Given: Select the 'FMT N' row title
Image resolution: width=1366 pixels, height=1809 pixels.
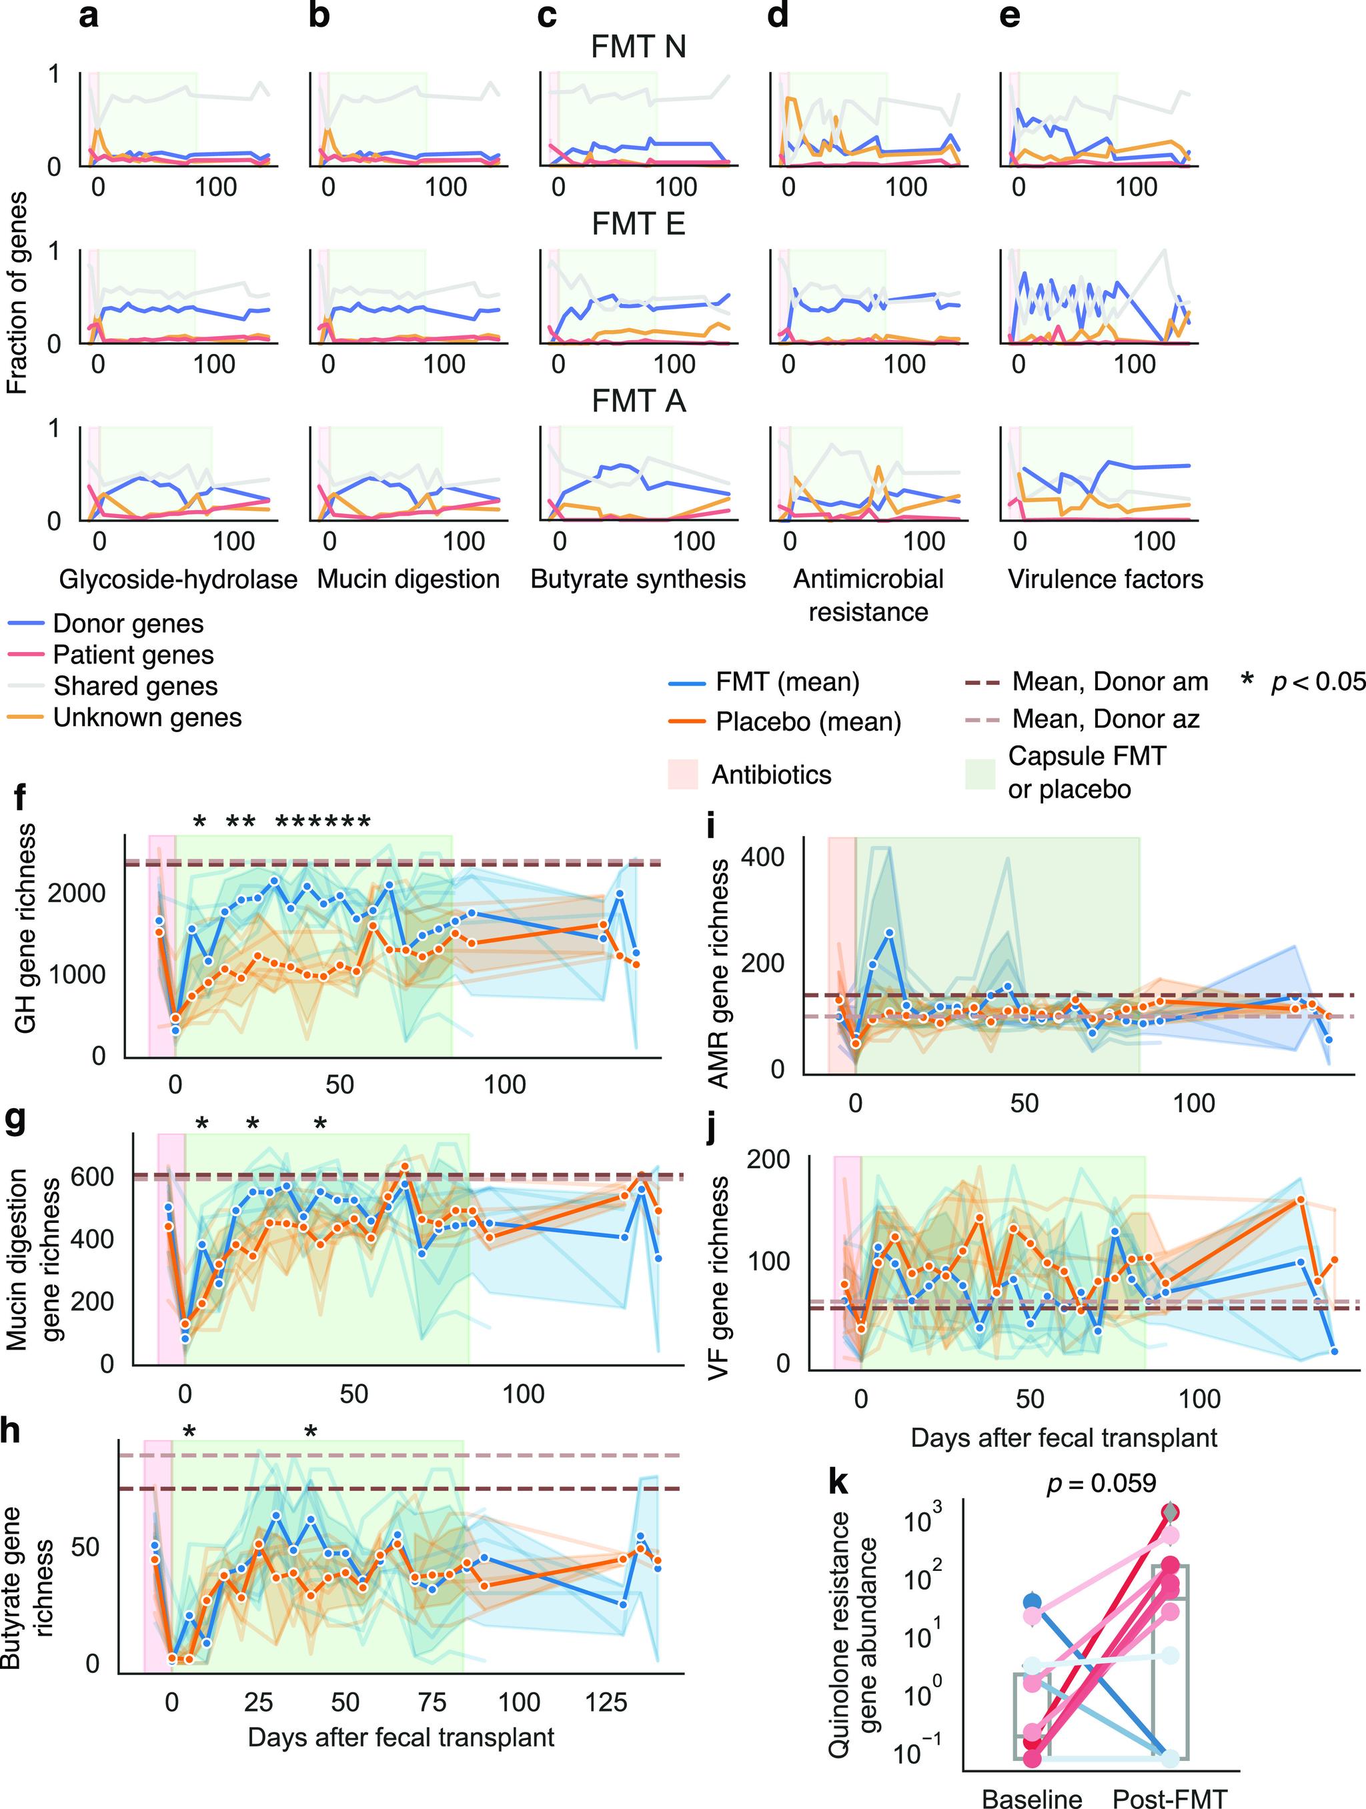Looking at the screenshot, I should tap(638, 47).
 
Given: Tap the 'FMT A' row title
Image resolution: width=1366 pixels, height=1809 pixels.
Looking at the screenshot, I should tap(638, 401).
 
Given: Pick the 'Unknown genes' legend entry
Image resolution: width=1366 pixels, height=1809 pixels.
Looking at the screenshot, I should tap(147, 717).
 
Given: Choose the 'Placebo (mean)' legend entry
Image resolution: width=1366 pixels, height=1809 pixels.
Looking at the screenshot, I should tap(808, 721).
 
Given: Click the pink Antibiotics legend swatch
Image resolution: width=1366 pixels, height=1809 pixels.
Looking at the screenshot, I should tap(683, 773).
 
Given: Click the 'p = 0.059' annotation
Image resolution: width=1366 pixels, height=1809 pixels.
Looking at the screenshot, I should tap(1102, 1483).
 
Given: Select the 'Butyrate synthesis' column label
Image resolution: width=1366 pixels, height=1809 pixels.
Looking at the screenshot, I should tap(638, 579).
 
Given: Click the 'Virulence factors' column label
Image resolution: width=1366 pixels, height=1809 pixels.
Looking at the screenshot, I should tap(1105, 579).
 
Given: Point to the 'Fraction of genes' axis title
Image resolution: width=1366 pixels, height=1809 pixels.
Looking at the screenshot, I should tap(18, 293).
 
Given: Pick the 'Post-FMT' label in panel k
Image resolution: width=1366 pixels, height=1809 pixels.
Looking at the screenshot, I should tap(1170, 1798).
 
